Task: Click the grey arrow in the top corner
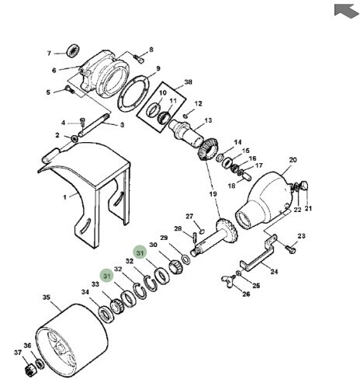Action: point(346,11)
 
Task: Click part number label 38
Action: point(188,82)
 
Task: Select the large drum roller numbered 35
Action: point(71,341)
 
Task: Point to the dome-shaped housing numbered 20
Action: point(263,200)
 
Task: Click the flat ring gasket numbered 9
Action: point(133,94)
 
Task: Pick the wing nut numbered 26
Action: point(228,279)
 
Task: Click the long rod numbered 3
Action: point(94,126)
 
